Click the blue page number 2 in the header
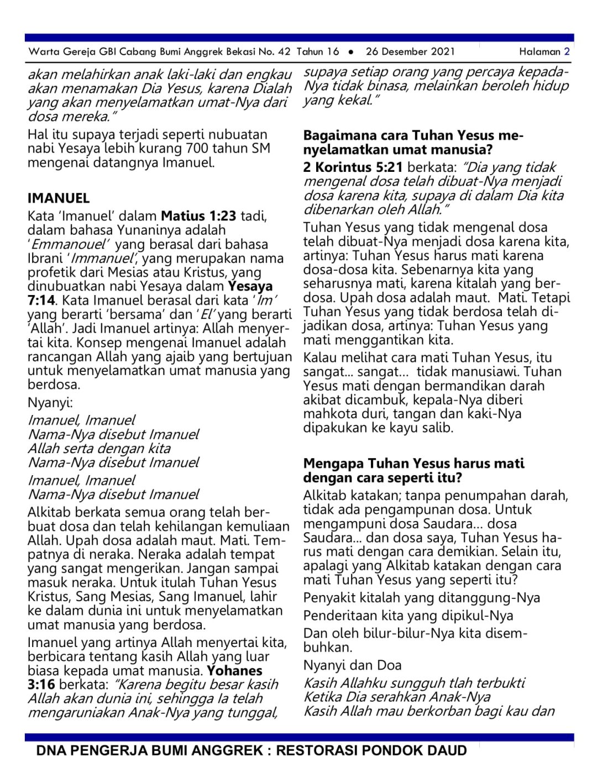(567, 52)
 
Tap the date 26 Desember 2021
(410, 52)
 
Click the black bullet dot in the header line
(351, 52)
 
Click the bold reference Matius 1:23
(198, 216)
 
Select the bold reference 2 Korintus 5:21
(353, 167)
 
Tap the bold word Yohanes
(235, 671)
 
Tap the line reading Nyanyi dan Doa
(352, 665)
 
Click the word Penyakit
(328, 598)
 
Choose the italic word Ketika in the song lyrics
(324, 697)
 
